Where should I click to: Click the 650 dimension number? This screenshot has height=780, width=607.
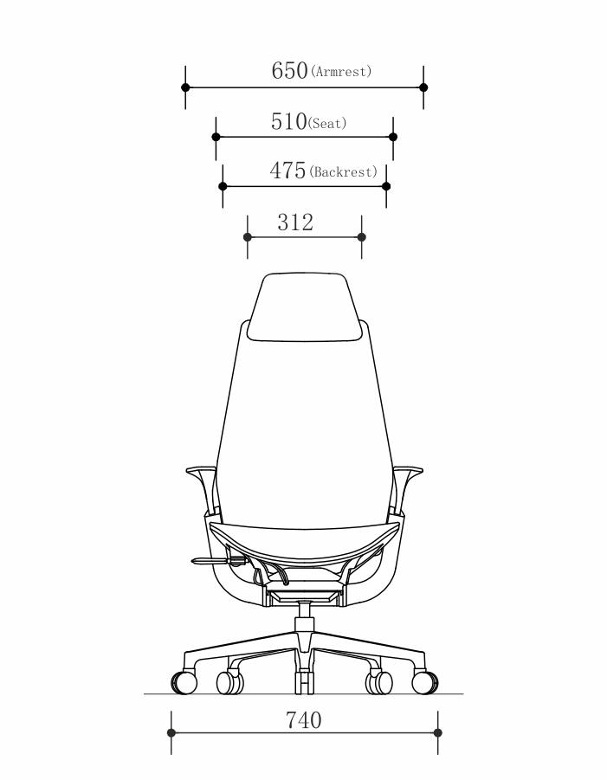[x=289, y=71]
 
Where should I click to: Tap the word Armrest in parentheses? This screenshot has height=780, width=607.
[x=341, y=72]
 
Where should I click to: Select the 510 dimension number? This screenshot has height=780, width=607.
[x=289, y=122]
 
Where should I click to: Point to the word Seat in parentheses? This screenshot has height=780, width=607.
[x=327, y=123]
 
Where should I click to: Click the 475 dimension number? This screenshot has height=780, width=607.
[x=287, y=171]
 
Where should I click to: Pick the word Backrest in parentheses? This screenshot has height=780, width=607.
[x=343, y=172]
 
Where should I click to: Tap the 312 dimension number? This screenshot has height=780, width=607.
[x=295, y=222]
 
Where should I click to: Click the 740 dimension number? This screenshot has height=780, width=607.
[x=303, y=720]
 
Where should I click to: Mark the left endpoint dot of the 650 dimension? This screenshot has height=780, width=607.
[x=185, y=87]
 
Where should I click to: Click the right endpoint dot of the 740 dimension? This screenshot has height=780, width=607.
[x=438, y=732]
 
